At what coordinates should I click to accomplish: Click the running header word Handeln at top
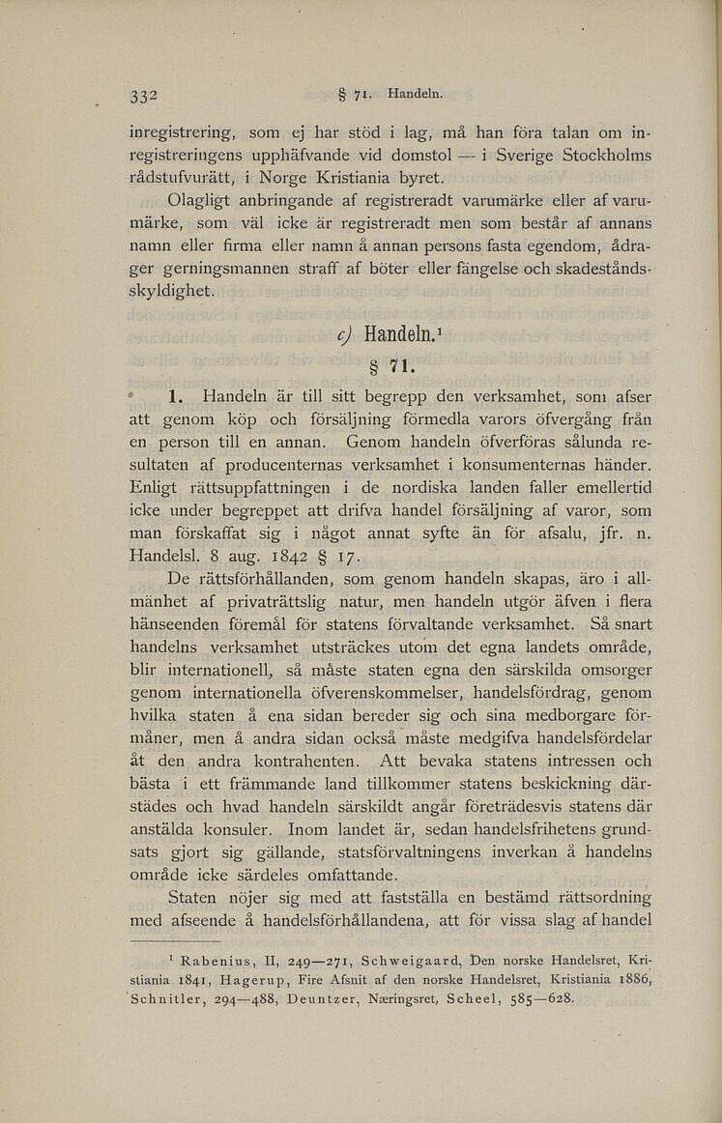pyautogui.click(x=414, y=95)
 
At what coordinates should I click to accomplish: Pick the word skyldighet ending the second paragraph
pyautogui.click(x=174, y=291)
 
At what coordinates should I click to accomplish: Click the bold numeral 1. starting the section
pyautogui.click(x=176, y=396)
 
